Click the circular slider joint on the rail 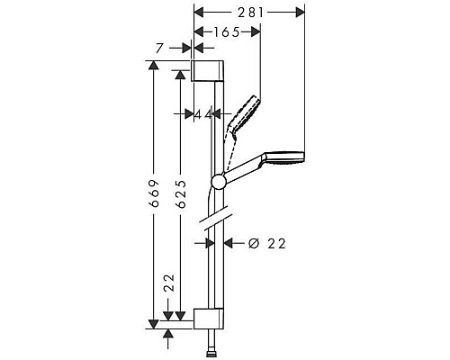coord(217,183)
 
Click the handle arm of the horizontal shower coord(241,171)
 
